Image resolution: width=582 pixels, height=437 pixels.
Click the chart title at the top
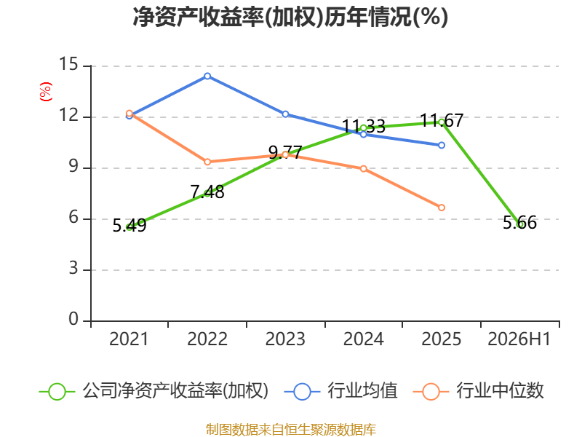click(x=290, y=17)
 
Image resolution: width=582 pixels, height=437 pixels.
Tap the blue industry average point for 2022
click(x=207, y=76)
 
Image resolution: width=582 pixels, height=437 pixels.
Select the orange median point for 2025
click(x=442, y=208)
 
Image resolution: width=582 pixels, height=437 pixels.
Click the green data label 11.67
click(x=442, y=120)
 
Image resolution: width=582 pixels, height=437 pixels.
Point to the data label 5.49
click(x=129, y=226)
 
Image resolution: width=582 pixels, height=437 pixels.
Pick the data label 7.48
click(x=207, y=192)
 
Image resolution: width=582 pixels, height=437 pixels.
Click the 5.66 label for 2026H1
click(x=519, y=223)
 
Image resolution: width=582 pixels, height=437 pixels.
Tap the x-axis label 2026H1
click(x=519, y=339)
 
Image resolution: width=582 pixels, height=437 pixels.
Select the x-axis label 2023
click(x=285, y=339)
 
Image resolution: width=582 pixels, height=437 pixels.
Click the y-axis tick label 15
click(x=68, y=64)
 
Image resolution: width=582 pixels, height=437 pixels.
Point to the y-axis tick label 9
click(x=73, y=166)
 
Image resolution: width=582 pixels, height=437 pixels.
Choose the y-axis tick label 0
click(x=73, y=319)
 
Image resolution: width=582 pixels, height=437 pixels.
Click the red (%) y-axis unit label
click(x=45, y=92)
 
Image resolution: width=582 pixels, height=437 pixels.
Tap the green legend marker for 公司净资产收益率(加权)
click(x=57, y=392)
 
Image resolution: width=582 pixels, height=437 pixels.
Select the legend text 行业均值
click(x=362, y=391)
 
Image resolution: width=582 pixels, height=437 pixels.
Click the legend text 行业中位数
click(x=500, y=391)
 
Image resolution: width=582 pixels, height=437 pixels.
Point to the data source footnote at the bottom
click(x=291, y=430)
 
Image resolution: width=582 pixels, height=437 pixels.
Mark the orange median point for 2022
click(x=207, y=162)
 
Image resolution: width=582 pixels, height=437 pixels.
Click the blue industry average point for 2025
click(x=442, y=145)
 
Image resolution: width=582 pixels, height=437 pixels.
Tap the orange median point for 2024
click(x=363, y=169)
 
